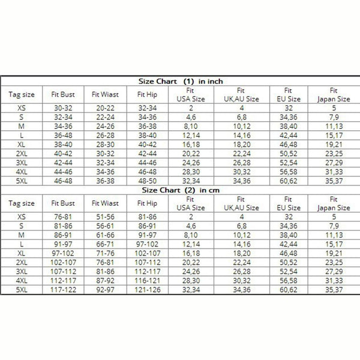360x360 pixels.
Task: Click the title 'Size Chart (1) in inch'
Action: pos(180,81)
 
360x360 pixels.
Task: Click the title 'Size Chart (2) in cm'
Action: pos(180,190)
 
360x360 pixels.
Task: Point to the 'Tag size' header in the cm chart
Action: pos(22,203)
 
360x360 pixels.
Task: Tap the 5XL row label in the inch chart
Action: pos(22,181)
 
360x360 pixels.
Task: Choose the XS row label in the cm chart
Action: pos(22,217)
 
